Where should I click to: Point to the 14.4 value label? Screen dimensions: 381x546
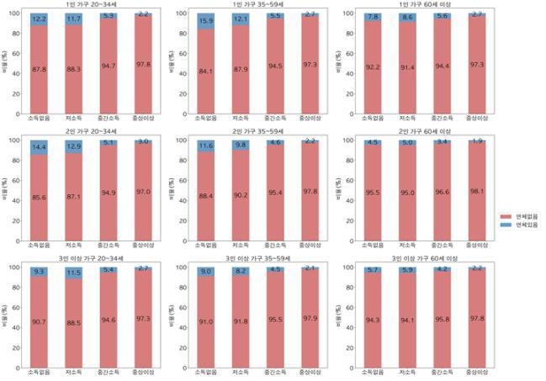click(x=39, y=148)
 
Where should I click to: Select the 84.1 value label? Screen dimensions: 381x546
click(x=206, y=71)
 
